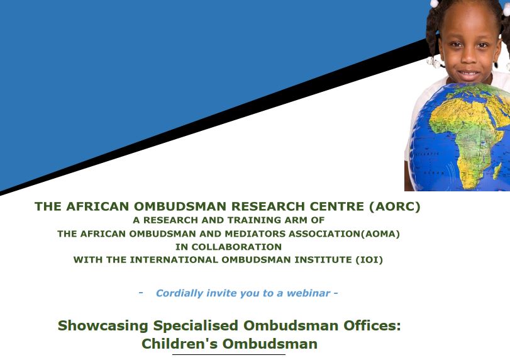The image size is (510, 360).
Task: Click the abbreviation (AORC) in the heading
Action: click(394, 206)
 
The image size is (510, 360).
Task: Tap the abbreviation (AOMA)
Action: click(380, 233)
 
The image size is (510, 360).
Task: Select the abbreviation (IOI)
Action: click(369, 260)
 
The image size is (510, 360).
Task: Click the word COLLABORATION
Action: click(236, 247)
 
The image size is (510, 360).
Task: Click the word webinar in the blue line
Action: click(308, 293)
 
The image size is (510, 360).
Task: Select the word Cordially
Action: click(180, 293)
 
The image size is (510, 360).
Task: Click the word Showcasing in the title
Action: click(103, 325)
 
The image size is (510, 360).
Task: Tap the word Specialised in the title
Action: click(196, 325)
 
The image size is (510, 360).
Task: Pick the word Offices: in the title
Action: click(372, 325)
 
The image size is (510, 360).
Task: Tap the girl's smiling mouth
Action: click(468, 73)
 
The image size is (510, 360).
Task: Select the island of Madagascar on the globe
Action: click(497, 171)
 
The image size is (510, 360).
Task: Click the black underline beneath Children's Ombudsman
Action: click(229, 354)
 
